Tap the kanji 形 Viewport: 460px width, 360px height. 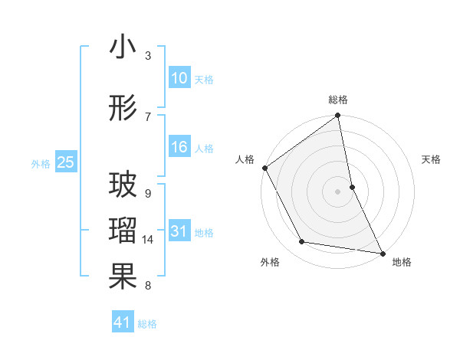[x=123, y=110]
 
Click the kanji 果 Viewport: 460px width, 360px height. [x=123, y=277]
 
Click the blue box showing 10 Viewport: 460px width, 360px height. [x=179, y=78]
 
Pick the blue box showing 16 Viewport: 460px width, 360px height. [x=179, y=147]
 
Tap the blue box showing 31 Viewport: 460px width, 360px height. [x=179, y=231]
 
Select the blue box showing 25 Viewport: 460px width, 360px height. [x=66, y=162]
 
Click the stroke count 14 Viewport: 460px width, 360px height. [x=149, y=240]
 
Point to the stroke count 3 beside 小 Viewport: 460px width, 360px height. [x=148, y=55]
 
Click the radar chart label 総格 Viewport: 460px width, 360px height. [x=338, y=100]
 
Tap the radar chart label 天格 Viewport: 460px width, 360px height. [x=431, y=160]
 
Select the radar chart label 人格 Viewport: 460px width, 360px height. [x=245, y=160]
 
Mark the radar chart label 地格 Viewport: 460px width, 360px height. [x=402, y=263]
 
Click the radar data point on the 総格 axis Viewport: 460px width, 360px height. [x=338, y=116]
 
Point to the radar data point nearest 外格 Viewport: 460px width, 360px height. [x=302, y=242]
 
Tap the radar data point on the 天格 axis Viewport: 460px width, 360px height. [x=352, y=187]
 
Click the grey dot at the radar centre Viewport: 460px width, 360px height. [x=338, y=191]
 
